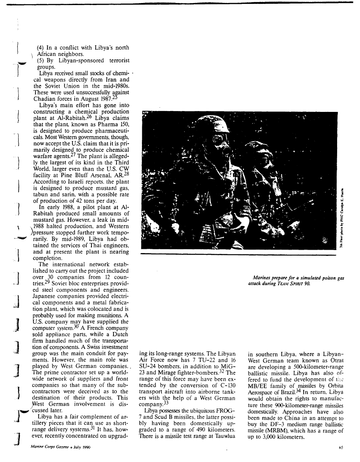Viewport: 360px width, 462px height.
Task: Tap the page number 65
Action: tap(341, 447)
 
